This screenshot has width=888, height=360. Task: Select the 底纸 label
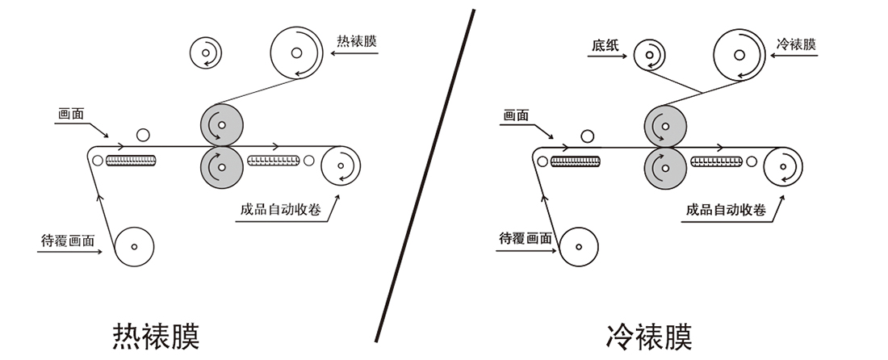tap(605, 45)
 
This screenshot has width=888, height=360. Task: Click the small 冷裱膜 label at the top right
tap(796, 45)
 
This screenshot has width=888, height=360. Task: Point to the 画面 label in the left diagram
tap(72, 115)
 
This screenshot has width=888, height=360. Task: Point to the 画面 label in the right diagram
tap(516, 115)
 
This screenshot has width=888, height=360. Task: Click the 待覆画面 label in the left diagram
tap(68, 240)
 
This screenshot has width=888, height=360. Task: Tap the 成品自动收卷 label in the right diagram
tap(726, 210)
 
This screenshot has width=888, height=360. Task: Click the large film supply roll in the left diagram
tap(296, 53)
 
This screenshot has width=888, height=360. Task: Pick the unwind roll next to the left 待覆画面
tap(135, 246)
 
